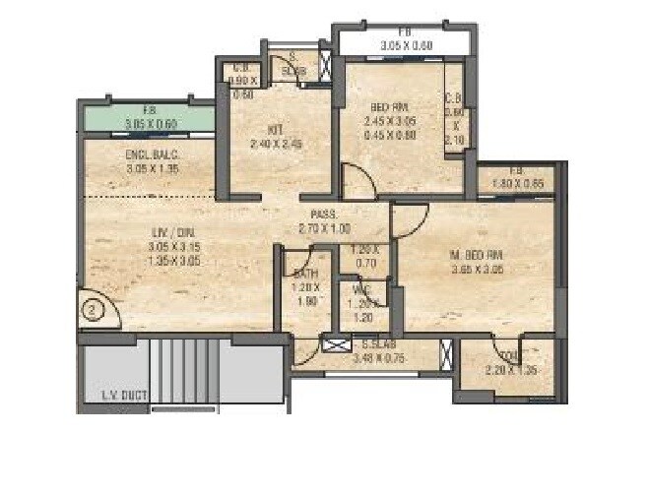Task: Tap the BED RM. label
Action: click(x=389, y=106)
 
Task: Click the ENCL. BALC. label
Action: click(x=151, y=155)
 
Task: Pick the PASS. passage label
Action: click(x=324, y=214)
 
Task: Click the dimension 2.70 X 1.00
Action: click(x=324, y=227)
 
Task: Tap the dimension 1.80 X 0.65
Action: click(x=517, y=182)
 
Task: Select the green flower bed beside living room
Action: click(x=148, y=117)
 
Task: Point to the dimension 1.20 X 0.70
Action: click(x=364, y=256)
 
